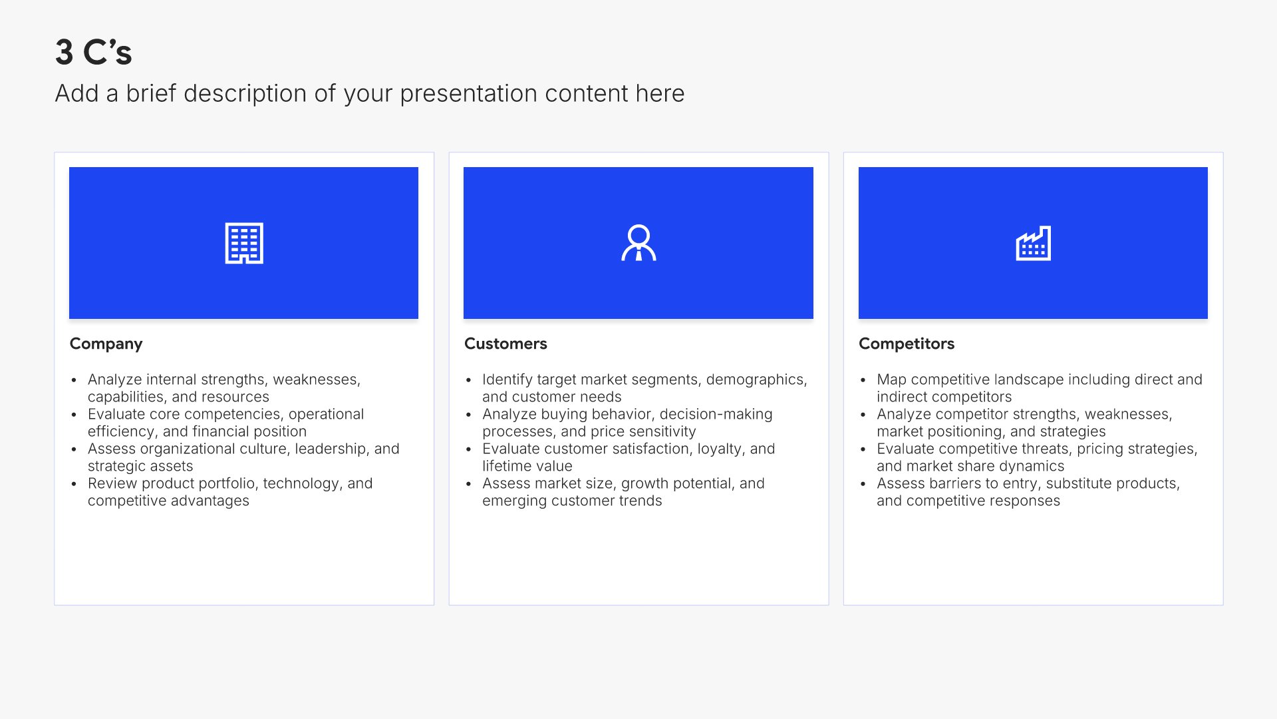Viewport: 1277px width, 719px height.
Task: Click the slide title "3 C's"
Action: (x=94, y=52)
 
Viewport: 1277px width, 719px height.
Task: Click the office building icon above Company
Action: (x=244, y=243)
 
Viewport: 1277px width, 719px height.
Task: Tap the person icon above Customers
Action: (x=638, y=243)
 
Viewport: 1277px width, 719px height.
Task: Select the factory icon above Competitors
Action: (x=1033, y=243)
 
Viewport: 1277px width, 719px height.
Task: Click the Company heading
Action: (x=106, y=344)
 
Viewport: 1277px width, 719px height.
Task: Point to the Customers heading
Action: (x=505, y=344)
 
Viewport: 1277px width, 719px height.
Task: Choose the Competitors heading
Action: (x=907, y=344)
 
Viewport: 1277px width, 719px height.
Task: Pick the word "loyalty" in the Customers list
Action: (x=721, y=449)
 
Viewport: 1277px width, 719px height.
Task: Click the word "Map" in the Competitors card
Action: (x=891, y=379)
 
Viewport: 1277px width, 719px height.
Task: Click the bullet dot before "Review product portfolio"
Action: (x=74, y=484)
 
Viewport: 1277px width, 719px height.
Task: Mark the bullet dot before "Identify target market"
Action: (x=468, y=380)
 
